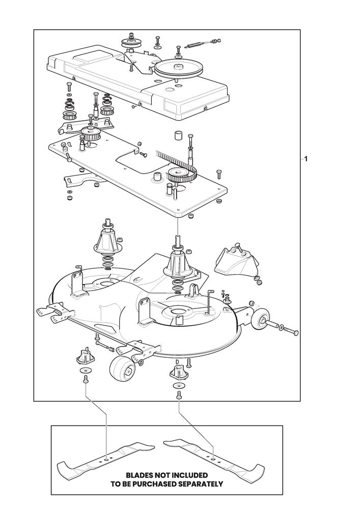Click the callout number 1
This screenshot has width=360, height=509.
(306, 159)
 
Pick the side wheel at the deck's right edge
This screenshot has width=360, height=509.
(260, 320)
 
